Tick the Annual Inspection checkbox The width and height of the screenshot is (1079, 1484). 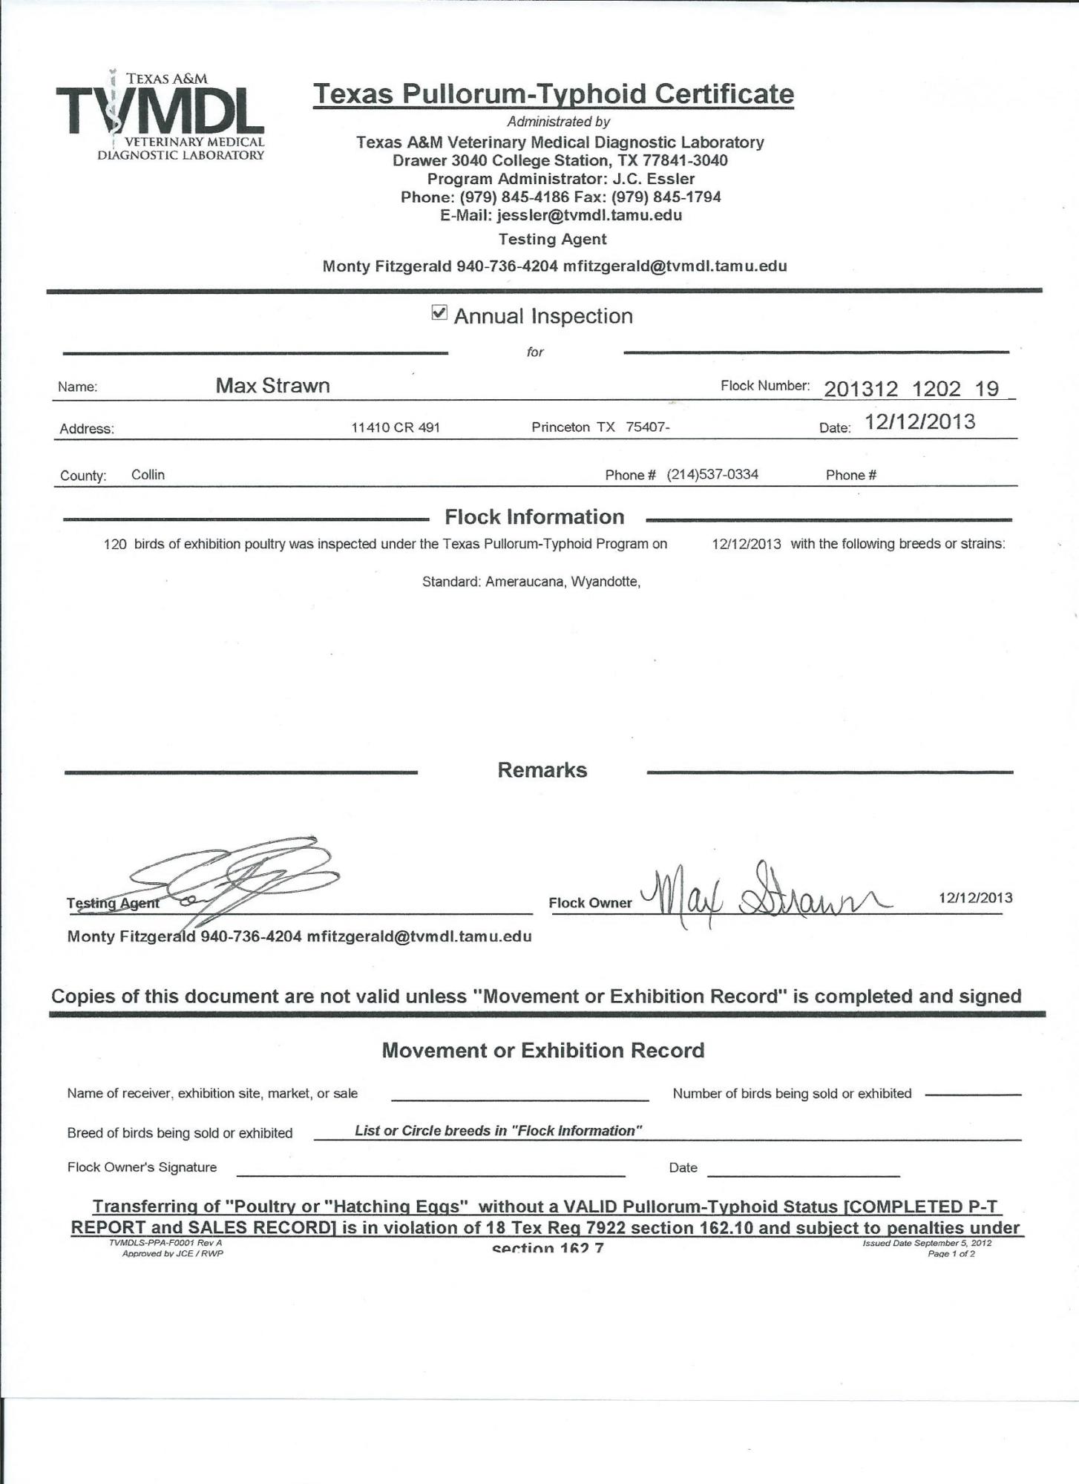439,313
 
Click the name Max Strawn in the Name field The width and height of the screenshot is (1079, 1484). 272,385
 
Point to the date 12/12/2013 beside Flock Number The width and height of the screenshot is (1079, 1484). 920,422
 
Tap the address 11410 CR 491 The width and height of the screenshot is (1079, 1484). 396,427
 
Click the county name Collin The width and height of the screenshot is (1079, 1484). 148,475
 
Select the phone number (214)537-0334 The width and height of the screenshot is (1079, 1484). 712,475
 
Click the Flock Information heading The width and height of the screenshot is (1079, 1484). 534,517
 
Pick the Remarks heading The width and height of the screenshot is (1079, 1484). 542,770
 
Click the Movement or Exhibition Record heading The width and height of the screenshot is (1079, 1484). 542,1050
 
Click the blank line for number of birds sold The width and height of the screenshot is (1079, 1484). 974,1094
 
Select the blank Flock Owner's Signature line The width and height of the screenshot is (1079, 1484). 430,1175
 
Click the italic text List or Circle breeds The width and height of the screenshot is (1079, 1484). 498,1131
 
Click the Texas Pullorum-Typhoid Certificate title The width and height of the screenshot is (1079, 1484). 553,94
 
